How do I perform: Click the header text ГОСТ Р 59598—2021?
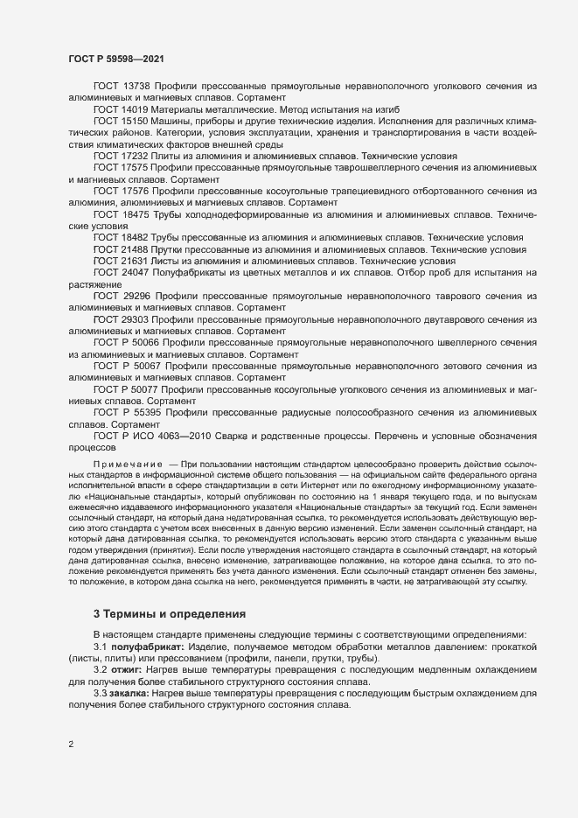point(115,58)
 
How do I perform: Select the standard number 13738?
point(136,87)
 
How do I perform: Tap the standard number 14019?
point(136,109)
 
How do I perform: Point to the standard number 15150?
point(136,121)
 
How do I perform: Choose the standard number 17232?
point(136,155)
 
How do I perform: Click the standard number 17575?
point(136,166)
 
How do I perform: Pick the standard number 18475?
point(136,213)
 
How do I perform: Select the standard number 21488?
point(133,248)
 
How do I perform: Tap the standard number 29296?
point(136,297)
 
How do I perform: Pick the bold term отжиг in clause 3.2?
point(128,668)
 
